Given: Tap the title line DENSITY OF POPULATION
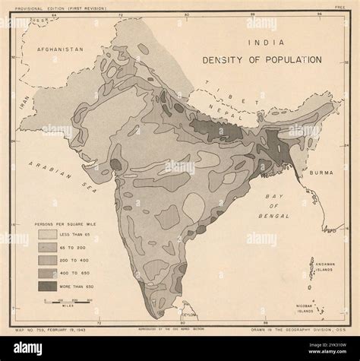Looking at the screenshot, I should point(261,59).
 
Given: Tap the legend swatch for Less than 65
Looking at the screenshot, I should point(49,236).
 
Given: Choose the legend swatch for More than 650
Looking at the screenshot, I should point(49,287).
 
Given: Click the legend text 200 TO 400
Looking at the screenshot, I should point(83,261).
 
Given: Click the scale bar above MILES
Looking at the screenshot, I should point(68,302).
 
